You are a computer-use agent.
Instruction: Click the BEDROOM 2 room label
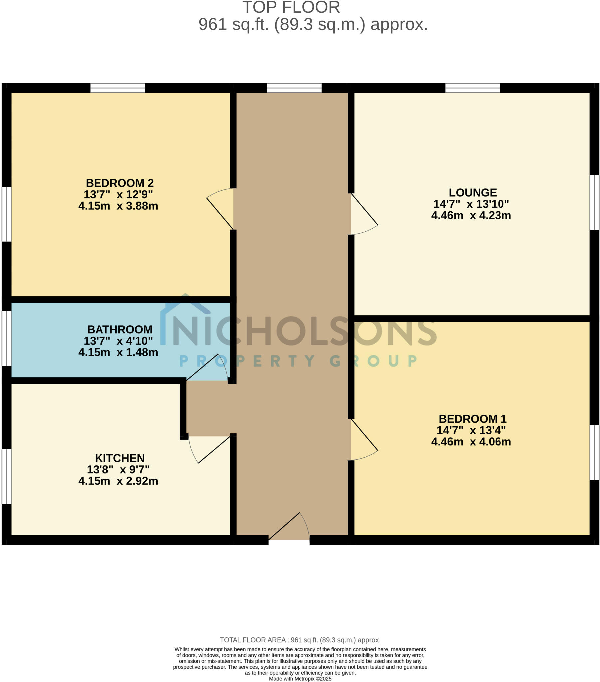tap(120, 183)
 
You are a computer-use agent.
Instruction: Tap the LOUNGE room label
tap(472, 192)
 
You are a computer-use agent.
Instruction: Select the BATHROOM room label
tap(120, 329)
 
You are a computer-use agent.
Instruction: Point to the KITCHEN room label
tap(120, 458)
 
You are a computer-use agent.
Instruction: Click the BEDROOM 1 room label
tap(472, 418)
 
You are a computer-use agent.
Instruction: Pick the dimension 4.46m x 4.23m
tap(471, 215)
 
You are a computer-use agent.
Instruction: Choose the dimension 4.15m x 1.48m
tap(118, 352)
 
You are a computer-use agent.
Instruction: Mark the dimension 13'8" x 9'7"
tap(118, 469)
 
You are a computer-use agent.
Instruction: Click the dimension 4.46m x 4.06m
tap(471, 442)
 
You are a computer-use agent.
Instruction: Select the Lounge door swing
tap(363, 215)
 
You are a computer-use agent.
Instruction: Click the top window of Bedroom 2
tap(117, 88)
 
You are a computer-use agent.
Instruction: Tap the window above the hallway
tap(294, 88)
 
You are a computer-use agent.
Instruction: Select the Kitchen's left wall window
tap(7, 476)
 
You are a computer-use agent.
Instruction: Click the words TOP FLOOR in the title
tap(291, 7)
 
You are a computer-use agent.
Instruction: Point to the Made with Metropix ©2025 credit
tap(300, 679)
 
